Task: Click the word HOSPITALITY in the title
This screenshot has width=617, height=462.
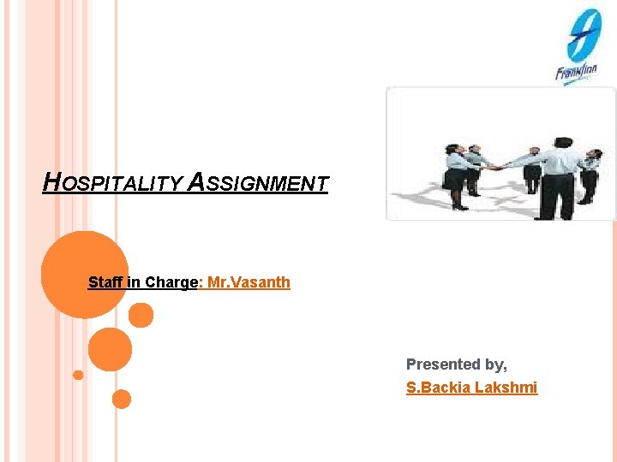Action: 112,183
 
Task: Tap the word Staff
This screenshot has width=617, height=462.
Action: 105,282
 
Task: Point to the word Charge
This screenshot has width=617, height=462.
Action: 171,282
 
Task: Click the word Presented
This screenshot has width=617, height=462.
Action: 442,364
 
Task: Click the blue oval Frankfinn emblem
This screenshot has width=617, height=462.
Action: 583,34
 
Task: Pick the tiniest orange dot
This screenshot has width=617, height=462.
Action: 78,375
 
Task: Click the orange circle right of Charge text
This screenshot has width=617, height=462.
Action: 141,316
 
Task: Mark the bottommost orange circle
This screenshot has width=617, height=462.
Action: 122,399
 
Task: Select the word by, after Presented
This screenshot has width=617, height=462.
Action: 495,364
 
